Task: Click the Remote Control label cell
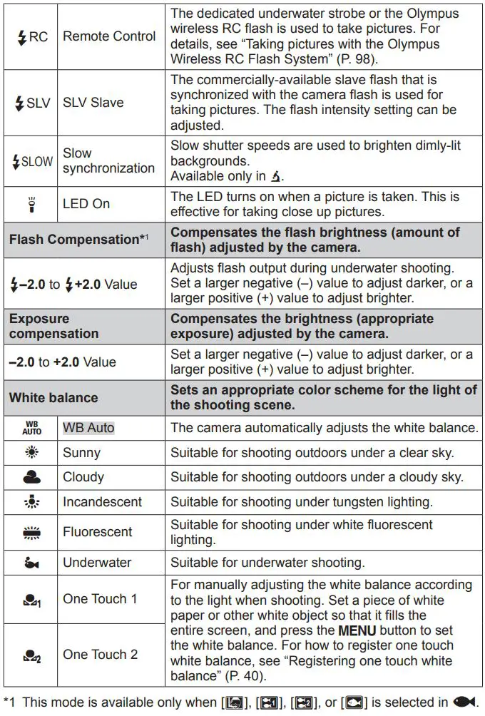tap(109, 36)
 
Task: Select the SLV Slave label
tap(93, 103)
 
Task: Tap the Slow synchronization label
tap(108, 160)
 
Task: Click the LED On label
tap(86, 204)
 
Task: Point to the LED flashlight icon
tap(31, 204)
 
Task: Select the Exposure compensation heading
tap(54, 326)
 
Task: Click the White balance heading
tap(53, 397)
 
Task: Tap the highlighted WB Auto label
tap(88, 428)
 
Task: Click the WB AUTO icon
tap(31, 428)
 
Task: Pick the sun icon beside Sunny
tap(31, 453)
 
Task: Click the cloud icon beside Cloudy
tap(31, 477)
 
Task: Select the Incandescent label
tap(103, 502)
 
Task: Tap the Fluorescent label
tap(98, 532)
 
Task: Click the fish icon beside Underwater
tap(31, 563)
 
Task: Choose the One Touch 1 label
tap(100, 599)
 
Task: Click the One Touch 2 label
tap(100, 655)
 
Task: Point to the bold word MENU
tap(357, 631)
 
